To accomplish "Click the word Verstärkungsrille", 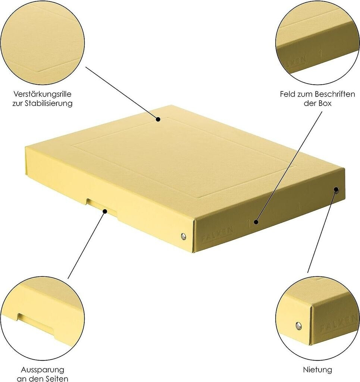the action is [x=43, y=94].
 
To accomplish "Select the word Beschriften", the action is [x=335, y=94].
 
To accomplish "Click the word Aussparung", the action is [x=43, y=370].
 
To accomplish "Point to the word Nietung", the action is [x=317, y=370].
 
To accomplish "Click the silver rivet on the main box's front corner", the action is [x=183, y=236].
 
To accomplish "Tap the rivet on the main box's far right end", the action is [x=336, y=190].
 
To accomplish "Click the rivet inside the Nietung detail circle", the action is [x=298, y=325].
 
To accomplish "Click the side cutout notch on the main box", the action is [x=102, y=206].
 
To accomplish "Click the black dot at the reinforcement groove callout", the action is [x=158, y=119].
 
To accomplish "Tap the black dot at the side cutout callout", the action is [x=105, y=211].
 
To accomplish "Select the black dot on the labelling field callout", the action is [x=256, y=222].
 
